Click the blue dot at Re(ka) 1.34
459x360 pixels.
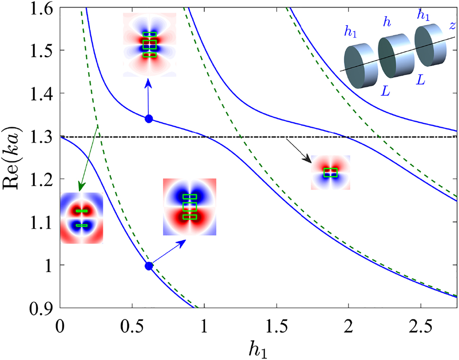(149, 119)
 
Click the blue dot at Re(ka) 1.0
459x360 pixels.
(149, 266)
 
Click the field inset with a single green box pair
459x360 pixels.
(331, 172)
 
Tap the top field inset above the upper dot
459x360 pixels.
(149, 45)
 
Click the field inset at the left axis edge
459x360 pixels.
(82, 218)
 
